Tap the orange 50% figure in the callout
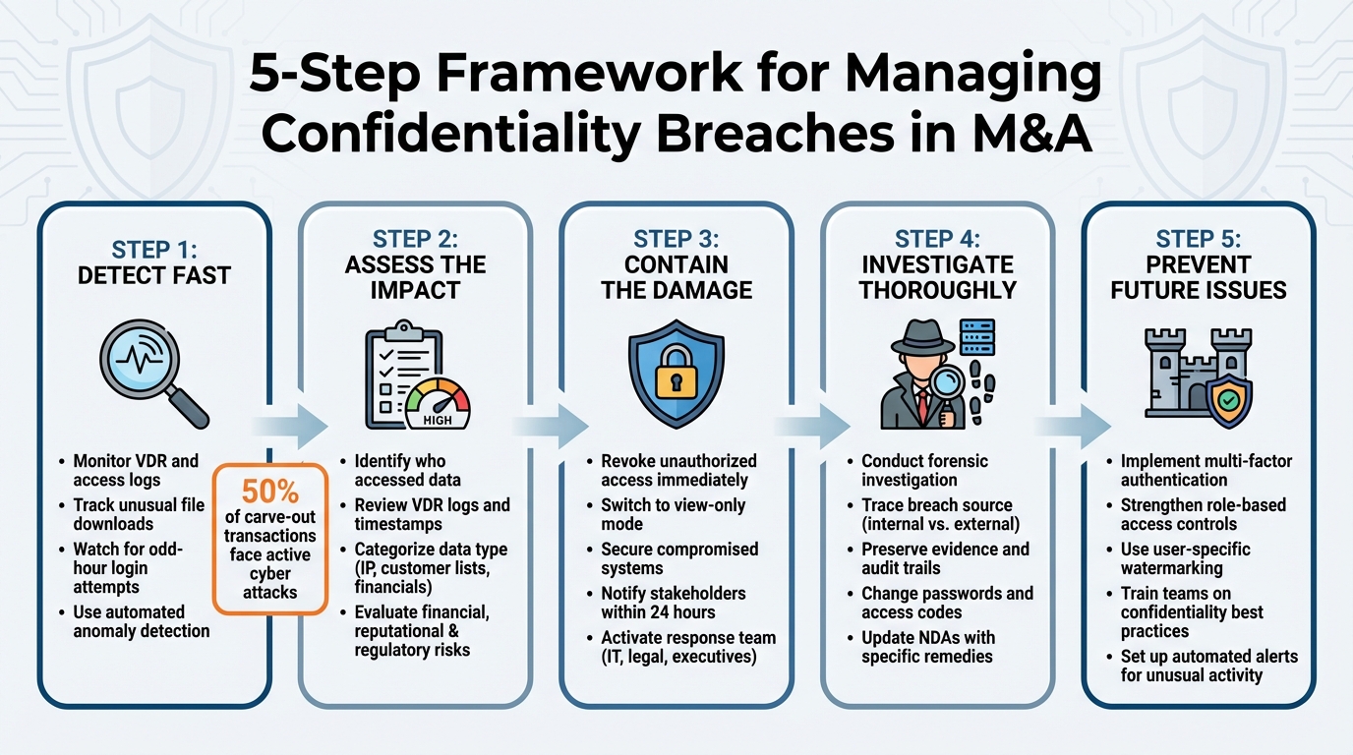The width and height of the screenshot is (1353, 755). point(268,491)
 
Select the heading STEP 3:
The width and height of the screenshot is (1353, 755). point(676,240)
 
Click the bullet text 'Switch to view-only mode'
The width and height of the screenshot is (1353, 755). point(674,514)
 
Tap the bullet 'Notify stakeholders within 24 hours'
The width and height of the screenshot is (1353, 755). point(674,603)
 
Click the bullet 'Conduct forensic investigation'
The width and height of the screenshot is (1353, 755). point(924,470)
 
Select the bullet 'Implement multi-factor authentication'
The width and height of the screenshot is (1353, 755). point(1206,470)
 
